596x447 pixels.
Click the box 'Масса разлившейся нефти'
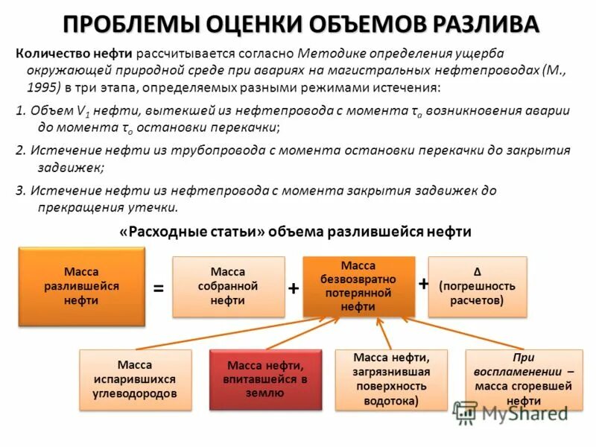81,287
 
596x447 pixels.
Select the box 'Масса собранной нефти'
228,287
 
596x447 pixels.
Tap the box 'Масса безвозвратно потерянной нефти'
358,286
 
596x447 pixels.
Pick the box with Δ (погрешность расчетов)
478,287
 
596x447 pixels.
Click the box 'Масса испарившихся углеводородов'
135,379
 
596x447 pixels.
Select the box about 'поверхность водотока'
390,379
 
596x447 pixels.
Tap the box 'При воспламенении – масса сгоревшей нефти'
519,379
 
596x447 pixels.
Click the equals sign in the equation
158,288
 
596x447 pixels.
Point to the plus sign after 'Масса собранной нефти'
294,288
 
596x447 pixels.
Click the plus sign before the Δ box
424,284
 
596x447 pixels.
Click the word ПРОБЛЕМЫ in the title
131,24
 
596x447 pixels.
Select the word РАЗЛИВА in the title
484,24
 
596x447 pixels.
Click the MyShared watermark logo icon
466,412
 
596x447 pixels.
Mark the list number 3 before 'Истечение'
19,191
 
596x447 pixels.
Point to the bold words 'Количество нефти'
74,54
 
